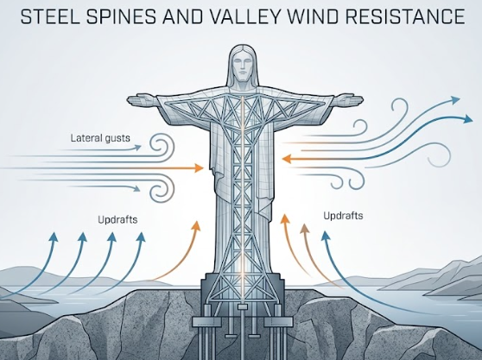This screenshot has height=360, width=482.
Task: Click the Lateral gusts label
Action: (x=100, y=138)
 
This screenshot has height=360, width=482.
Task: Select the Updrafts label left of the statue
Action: (x=117, y=219)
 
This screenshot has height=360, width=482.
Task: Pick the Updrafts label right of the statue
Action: (x=343, y=216)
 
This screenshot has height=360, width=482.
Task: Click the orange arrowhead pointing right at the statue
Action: (x=200, y=168)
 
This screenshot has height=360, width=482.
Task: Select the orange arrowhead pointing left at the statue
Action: (x=287, y=159)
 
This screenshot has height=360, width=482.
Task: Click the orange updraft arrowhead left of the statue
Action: (x=196, y=226)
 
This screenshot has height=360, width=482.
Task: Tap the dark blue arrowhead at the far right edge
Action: (x=468, y=118)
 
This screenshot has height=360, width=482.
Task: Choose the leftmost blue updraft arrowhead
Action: (x=54, y=237)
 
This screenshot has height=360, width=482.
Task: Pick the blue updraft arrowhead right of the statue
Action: (x=326, y=237)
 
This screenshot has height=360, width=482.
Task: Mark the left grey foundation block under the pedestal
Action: (x=206, y=322)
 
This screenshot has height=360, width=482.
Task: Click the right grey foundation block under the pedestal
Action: (x=278, y=322)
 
